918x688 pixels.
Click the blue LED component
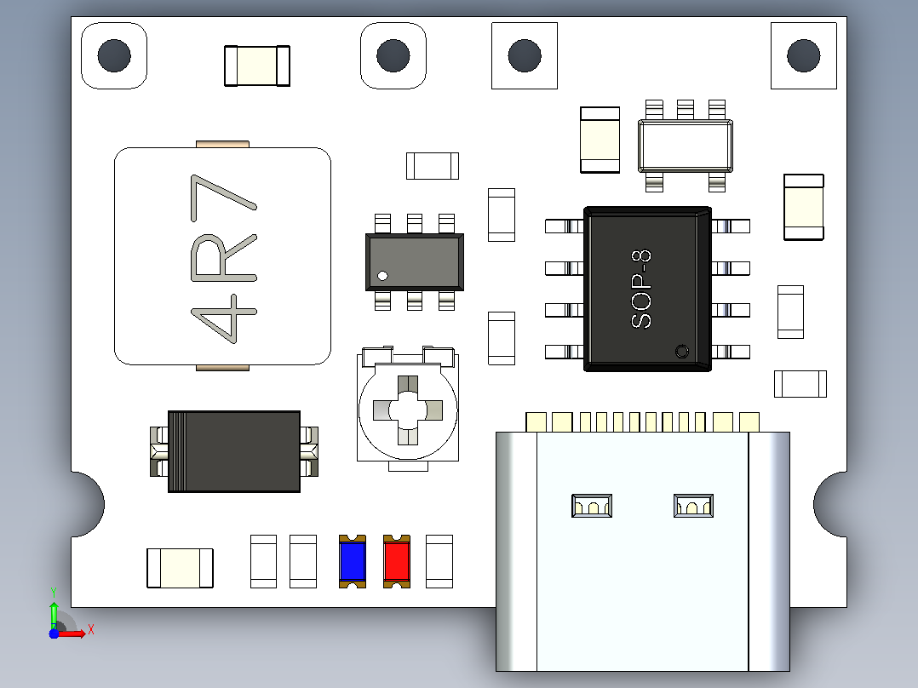click(x=353, y=561)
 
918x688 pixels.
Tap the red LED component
click(x=396, y=561)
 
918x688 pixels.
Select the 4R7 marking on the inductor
click(x=224, y=259)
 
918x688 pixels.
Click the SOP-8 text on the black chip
click(x=641, y=290)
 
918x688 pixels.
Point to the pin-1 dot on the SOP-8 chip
click(x=682, y=352)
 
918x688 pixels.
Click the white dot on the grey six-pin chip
click(x=383, y=276)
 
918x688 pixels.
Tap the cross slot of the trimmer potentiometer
click(x=408, y=410)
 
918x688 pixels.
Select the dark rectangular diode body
click(x=234, y=451)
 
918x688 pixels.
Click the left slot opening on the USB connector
click(x=592, y=506)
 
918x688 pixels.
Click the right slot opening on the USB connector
click(x=694, y=506)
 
